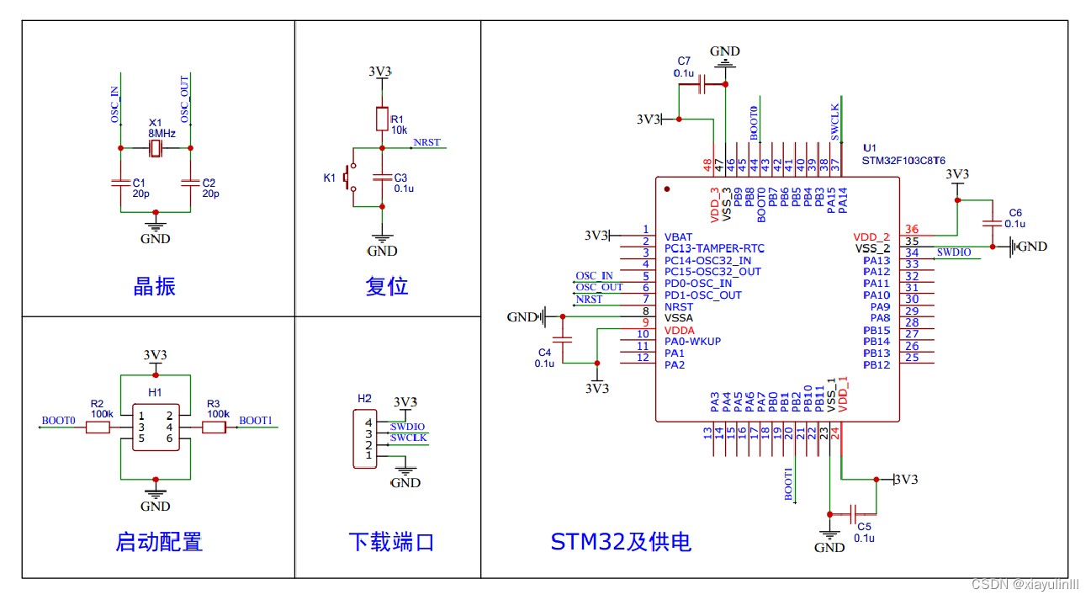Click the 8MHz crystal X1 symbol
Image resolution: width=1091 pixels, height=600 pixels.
point(156,149)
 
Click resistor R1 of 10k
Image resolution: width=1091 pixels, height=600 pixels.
point(382,119)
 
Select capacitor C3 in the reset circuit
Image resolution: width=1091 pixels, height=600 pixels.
point(382,178)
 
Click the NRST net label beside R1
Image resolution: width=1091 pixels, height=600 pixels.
point(426,142)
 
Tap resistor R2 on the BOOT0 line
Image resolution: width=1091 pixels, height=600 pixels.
point(98,427)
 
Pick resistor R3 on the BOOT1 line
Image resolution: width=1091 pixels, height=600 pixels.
point(214,427)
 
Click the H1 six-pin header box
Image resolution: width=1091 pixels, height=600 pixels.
point(156,427)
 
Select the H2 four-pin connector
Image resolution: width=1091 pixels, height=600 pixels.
point(364,438)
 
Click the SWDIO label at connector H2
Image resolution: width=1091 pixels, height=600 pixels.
point(408,427)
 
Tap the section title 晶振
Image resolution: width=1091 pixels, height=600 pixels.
point(155,286)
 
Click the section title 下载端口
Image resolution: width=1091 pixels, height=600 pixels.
point(391,541)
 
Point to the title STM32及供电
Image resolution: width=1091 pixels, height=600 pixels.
point(621,541)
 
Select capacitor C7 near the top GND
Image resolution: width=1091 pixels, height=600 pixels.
point(702,83)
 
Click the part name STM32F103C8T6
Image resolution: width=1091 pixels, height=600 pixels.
point(903,160)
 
